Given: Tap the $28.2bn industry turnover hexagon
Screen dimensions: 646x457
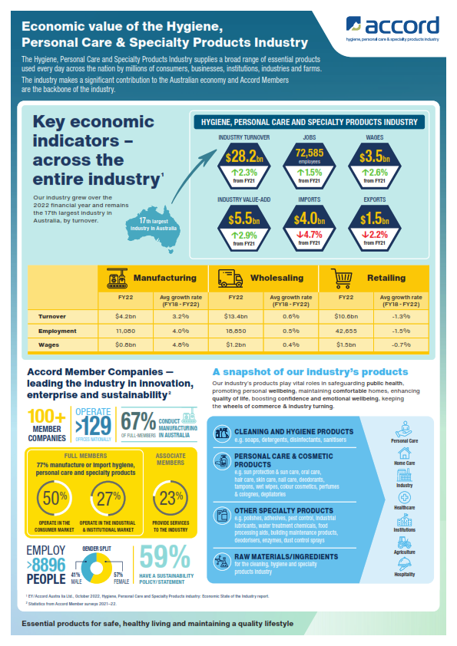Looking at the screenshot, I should click(x=243, y=158).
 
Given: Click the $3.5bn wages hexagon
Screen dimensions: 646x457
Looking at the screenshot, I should click(x=376, y=158).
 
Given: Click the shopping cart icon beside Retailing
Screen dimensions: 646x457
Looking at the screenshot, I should click(x=342, y=277).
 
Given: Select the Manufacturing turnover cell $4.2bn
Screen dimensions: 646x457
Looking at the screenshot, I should click(x=125, y=315).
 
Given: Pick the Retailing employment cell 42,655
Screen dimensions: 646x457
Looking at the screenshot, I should click(x=346, y=331).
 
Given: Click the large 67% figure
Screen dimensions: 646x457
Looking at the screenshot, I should click(x=138, y=423).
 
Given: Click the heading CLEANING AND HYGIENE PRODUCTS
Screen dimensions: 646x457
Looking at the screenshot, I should click(x=294, y=432).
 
